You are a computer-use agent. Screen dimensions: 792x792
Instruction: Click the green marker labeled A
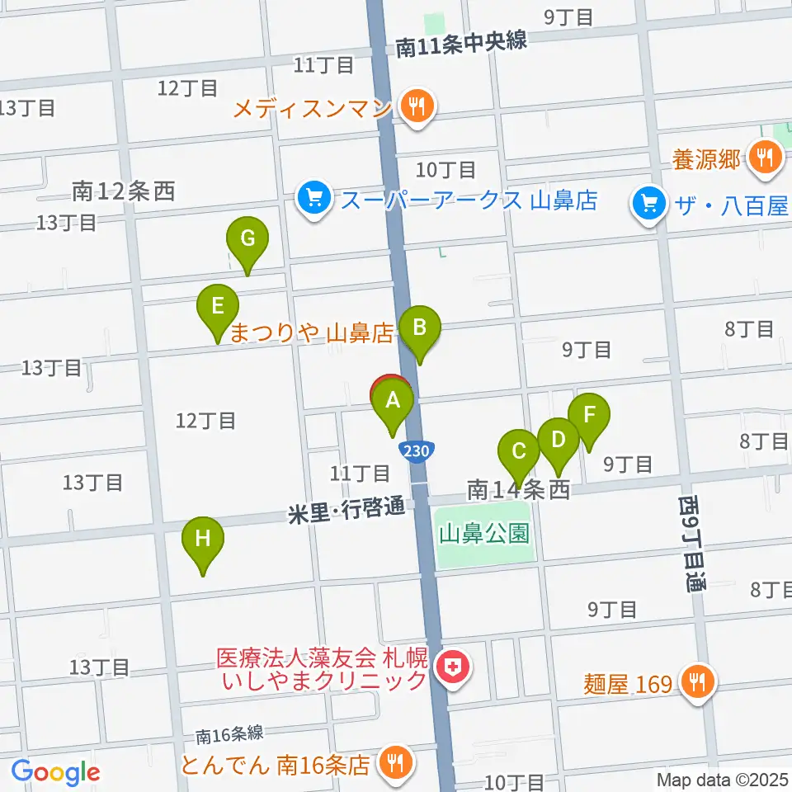394,402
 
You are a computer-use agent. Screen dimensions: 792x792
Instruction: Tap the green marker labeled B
419,328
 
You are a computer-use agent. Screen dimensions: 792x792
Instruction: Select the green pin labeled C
519,451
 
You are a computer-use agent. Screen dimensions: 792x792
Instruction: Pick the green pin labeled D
559,439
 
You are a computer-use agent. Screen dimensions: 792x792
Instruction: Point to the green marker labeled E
218,307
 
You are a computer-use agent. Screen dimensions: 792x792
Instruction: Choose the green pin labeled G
247,239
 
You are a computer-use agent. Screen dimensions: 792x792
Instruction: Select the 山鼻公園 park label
483,534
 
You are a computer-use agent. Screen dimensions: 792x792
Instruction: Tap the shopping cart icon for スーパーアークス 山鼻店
313,199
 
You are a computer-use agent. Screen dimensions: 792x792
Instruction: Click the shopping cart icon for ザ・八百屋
649,203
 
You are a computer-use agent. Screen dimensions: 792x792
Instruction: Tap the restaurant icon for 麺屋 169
699,682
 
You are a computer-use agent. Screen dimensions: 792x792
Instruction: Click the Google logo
55,772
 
